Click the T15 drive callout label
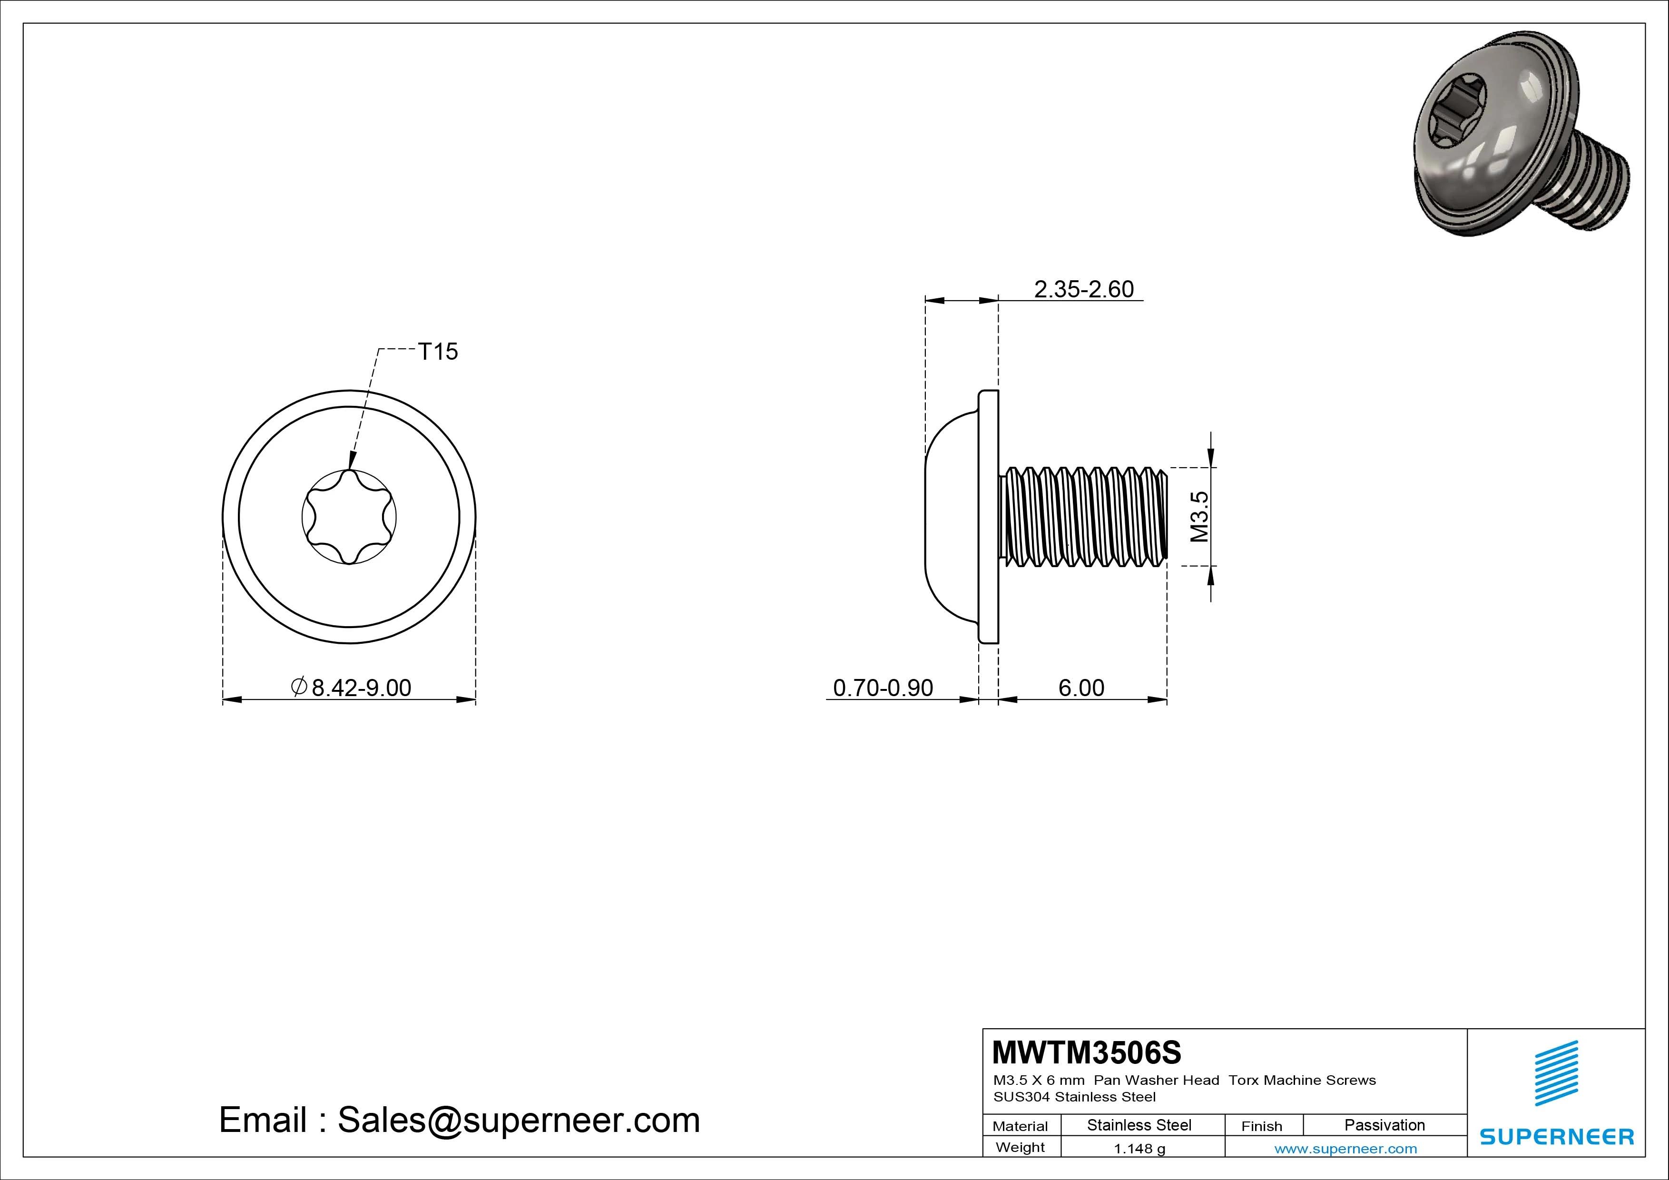pos(438,352)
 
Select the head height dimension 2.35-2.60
pos(1083,289)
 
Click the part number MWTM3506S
pos(1087,1052)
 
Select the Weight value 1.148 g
pos(1139,1149)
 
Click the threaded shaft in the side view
pos(1083,517)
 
